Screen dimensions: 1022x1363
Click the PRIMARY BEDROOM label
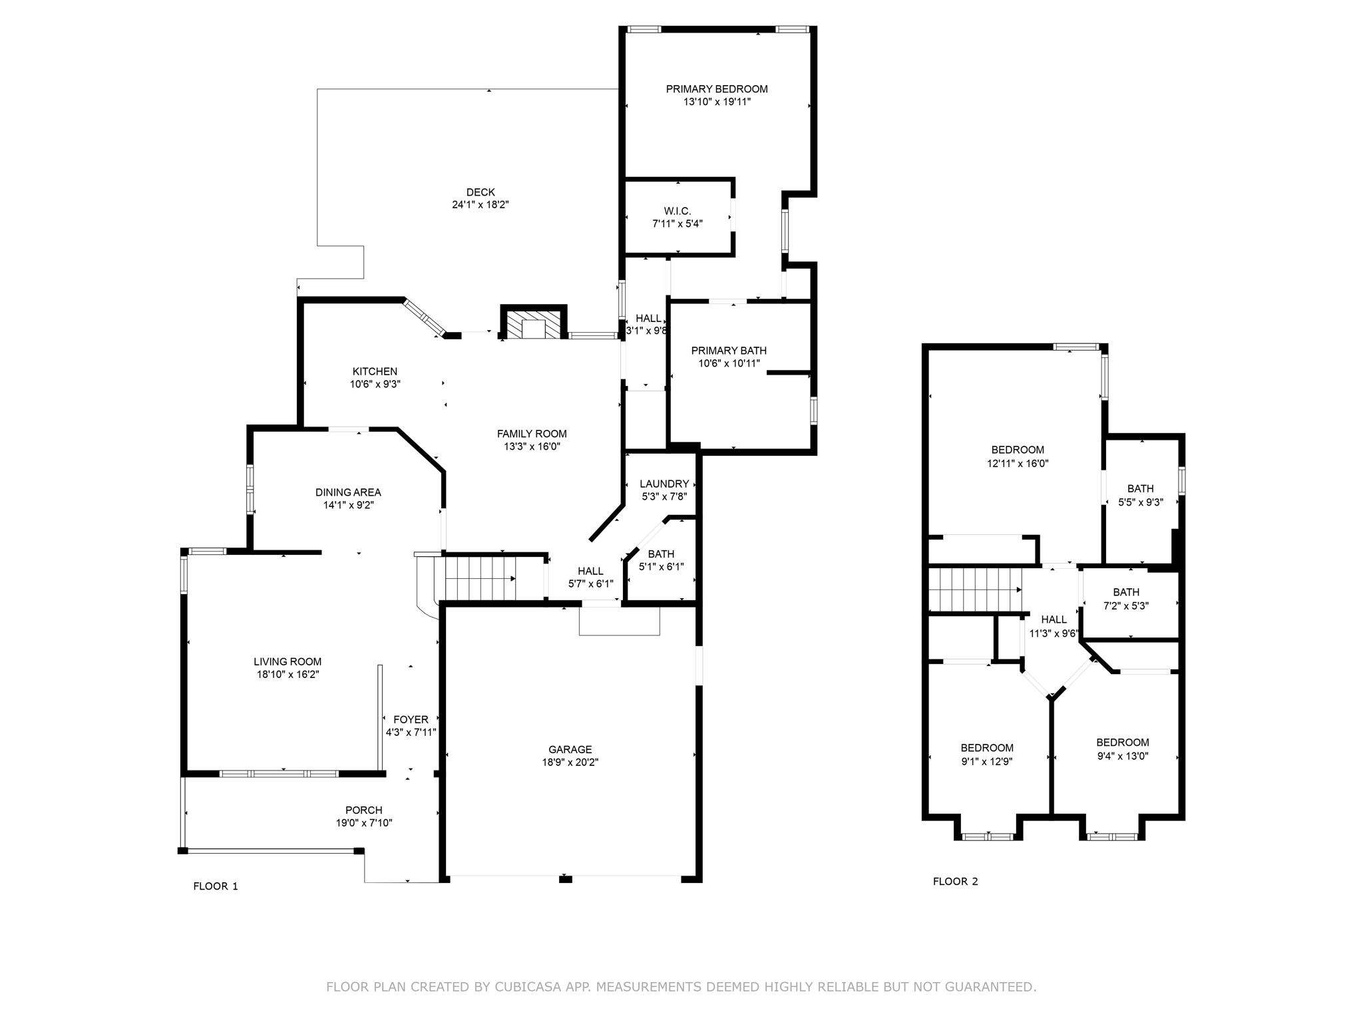[x=716, y=89]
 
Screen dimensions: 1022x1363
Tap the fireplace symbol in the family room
[x=533, y=325]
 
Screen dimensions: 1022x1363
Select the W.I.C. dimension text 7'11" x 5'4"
[x=677, y=224]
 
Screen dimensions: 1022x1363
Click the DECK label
[x=480, y=192]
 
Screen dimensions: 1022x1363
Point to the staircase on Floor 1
[x=479, y=578]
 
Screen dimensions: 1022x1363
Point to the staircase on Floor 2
[x=975, y=590]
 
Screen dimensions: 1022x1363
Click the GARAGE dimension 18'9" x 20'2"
[x=570, y=763]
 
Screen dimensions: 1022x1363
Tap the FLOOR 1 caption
[x=215, y=886]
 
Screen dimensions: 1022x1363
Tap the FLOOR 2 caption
[x=955, y=882]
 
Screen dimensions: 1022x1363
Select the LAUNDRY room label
[x=664, y=484]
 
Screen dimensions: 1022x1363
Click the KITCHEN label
[x=375, y=371]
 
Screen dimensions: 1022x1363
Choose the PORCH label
[x=363, y=810]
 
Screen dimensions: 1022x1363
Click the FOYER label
[x=411, y=719]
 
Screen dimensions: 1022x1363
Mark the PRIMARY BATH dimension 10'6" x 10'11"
[x=729, y=364]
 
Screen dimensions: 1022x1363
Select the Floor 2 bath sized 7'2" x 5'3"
[x=1125, y=599]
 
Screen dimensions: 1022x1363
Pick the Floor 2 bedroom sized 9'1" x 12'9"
[x=986, y=755]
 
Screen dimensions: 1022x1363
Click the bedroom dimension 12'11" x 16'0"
[x=1017, y=464]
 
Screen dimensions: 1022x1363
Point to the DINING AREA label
[x=348, y=492]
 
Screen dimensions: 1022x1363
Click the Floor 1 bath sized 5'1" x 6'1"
[x=661, y=560]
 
